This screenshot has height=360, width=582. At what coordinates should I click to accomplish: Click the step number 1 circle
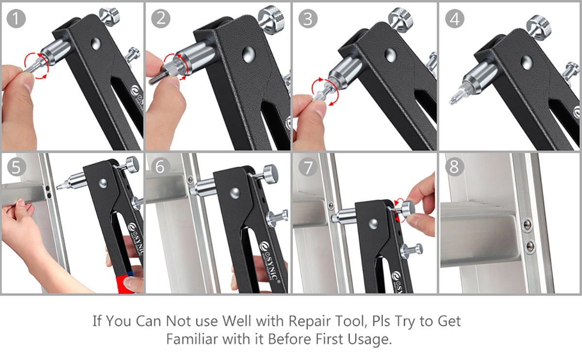[16, 18]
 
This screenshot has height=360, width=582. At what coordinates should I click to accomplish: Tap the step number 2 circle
[161, 18]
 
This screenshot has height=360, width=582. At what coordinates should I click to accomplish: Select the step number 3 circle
[308, 18]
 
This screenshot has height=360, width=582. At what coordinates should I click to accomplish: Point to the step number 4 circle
[455, 18]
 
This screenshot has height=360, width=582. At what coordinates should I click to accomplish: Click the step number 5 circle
[16, 167]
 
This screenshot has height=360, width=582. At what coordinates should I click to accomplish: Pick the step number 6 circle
[161, 167]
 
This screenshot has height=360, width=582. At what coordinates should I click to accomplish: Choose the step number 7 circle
[308, 167]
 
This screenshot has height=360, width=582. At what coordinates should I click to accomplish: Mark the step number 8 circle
[454, 167]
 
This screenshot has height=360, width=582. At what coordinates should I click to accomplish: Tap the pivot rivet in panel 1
[96, 44]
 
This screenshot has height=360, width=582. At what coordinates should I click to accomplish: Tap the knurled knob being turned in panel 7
[408, 209]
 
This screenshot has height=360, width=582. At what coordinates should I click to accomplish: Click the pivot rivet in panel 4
[527, 63]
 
